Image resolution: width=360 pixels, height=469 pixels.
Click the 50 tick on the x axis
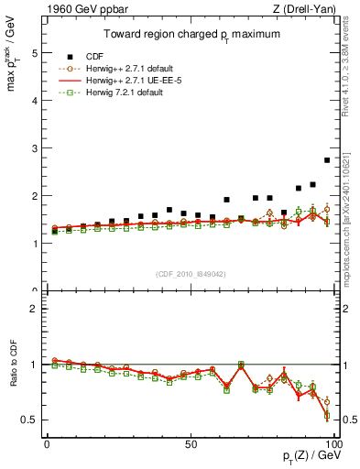click(x=190, y=444)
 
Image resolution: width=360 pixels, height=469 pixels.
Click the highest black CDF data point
click(x=327, y=160)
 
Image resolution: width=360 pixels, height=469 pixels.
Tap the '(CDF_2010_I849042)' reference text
click(x=190, y=275)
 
